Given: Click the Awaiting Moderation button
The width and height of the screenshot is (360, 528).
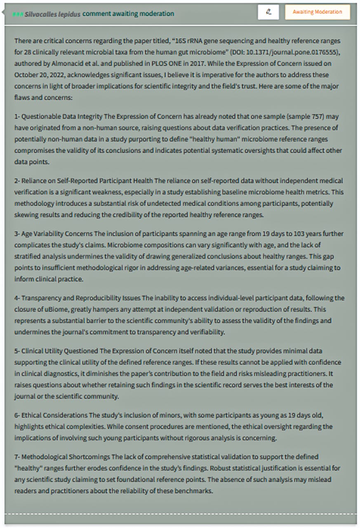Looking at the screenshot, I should click(x=317, y=12).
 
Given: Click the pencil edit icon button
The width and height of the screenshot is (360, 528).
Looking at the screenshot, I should click(x=268, y=12).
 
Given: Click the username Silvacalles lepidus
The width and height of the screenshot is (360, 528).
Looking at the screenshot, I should click(x=52, y=14).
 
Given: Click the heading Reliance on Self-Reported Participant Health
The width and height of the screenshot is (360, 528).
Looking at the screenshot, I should click(x=87, y=181).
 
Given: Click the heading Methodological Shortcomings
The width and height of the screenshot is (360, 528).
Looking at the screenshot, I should click(x=65, y=457).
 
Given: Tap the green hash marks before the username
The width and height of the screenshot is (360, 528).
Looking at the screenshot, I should click(x=18, y=14).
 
